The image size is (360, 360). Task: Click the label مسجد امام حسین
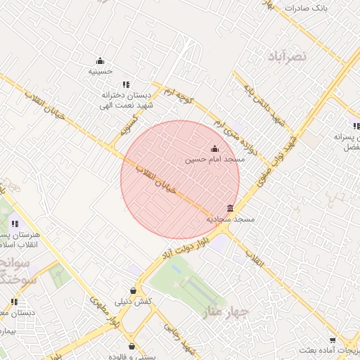tap(214, 160)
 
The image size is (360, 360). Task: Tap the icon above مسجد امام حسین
tap(214, 148)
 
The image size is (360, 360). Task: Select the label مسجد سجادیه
tap(229, 219)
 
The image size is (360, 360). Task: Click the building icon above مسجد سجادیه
tap(230, 208)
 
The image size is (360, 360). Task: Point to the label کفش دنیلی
tap(134, 301)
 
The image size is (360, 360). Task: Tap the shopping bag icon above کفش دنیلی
tap(134, 290)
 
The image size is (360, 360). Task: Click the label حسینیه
tap(101, 71)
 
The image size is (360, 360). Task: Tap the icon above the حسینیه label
tap(100, 60)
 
